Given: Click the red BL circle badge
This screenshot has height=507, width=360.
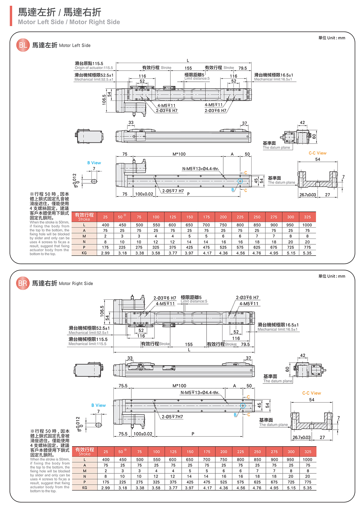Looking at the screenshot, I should pyautogui.click(x=23, y=45).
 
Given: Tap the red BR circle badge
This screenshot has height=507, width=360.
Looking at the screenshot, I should pyautogui.click(x=23, y=283).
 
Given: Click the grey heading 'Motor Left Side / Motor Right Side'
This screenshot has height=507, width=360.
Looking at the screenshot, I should pyautogui.click(x=69, y=22).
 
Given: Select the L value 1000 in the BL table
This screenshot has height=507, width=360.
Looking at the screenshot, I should pyautogui.click(x=307, y=225).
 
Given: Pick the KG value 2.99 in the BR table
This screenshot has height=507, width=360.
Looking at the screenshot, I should pyautogui.click(x=106, y=488).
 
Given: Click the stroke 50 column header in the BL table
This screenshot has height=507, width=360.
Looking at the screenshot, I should pyautogui.click(x=122, y=217).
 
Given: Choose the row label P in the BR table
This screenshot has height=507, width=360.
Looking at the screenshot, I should pyautogui.click(x=85, y=482).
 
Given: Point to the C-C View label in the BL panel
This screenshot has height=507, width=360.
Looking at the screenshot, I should pyautogui.click(x=317, y=153).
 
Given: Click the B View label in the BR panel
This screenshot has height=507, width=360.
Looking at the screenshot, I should pyautogui.click(x=98, y=405).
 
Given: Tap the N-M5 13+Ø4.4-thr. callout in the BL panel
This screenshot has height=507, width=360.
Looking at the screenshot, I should pyautogui.click(x=200, y=169).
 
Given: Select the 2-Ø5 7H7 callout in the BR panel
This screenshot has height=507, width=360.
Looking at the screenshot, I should pyautogui.click(x=172, y=417).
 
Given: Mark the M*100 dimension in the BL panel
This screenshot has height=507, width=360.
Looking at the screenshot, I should pyautogui.click(x=179, y=154).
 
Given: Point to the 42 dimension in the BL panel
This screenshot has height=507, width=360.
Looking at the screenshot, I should pyautogui.click(x=302, y=123).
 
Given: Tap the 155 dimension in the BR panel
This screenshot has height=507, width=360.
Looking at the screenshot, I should pyautogui.click(x=189, y=344).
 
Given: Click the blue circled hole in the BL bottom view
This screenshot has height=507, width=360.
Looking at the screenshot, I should pyautogui.click(x=240, y=181).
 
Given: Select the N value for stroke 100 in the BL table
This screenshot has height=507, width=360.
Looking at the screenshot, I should pyautogui.click(x=156, y=242).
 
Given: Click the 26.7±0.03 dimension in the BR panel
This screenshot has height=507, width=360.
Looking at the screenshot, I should pyautogui.click(x=302, y=437).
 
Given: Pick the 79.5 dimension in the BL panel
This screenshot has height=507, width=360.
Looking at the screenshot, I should pyautogui.click(x=242, y=68).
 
